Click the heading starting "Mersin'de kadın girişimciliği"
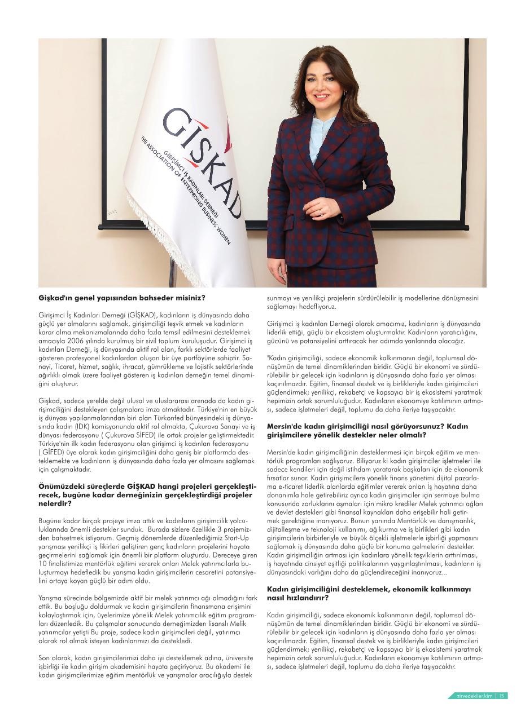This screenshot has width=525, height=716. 367,430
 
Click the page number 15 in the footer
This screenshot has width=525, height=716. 502,696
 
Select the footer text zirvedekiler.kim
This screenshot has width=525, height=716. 475,696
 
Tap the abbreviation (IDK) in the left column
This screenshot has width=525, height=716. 82,427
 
